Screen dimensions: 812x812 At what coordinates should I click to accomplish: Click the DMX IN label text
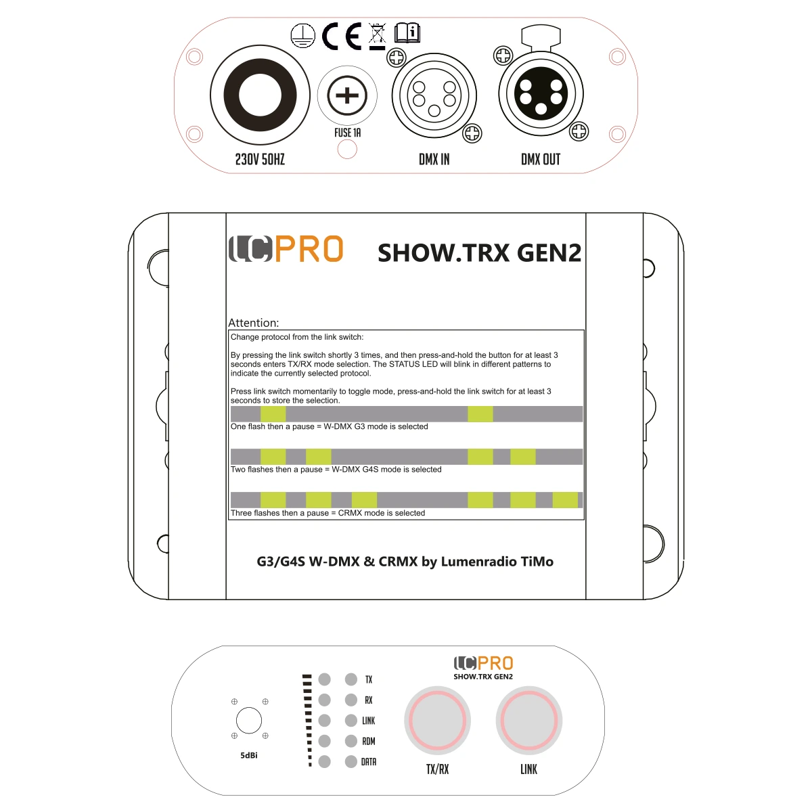[x=434, y=159]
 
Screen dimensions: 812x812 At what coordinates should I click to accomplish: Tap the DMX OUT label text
[x=541, y=159]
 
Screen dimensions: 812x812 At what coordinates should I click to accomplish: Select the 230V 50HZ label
[x=260, y=159]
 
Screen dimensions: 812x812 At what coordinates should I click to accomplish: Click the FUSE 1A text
[x=347, y=133]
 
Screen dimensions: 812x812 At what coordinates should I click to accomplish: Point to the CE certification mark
[x=342, y=37]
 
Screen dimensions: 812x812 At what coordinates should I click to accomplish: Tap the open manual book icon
[x=407, y=33]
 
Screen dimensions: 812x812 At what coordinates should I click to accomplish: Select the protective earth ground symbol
[x=303, y=35]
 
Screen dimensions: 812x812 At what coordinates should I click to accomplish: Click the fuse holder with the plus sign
[x=347, y=95]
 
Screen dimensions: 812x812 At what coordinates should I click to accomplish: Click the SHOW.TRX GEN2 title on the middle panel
[x=480, y=253]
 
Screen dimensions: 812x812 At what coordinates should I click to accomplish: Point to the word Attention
[x=253, y=323]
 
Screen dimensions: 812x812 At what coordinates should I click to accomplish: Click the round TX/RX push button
[x=437, y=720]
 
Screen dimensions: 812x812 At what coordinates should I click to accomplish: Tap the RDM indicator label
[x=369, y=741]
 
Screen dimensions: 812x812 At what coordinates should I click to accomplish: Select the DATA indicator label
[x=369, y=762]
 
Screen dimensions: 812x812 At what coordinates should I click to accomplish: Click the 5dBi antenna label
[x=248, y=756]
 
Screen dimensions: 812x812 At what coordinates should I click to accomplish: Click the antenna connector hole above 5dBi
[x=248, y=720]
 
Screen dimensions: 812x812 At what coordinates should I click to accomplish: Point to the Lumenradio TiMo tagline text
[x=405, y=562]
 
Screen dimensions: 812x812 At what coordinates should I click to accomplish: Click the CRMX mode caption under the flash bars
[x=328, y=513]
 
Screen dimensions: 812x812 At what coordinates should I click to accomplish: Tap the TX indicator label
[x=369, y=679]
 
